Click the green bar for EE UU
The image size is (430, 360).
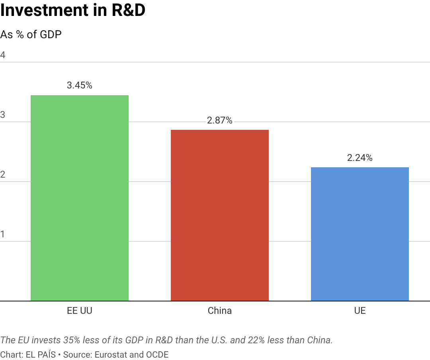(80, 198)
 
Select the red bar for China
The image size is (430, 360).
(220, 215)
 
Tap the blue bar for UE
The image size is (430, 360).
(360, 234)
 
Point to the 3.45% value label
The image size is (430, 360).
(80, 85)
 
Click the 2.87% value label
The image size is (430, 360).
(220, 120)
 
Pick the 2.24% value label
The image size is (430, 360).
(360, 158)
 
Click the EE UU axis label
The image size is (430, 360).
(80, 311)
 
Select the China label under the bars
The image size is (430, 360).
(220, 311)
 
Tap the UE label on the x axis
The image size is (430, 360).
(360, 311)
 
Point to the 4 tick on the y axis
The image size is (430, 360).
(3, 55)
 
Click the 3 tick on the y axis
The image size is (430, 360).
(3, 115)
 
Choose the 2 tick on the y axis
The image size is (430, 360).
(3, 174)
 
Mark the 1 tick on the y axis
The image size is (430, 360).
(3, 234)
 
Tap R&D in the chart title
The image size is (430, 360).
(128, 10)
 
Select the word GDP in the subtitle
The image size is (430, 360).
(51, 35)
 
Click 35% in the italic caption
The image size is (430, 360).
(72, 340)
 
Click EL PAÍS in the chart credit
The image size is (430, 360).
(41, 354)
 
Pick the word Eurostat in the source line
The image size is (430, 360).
(111, 354)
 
